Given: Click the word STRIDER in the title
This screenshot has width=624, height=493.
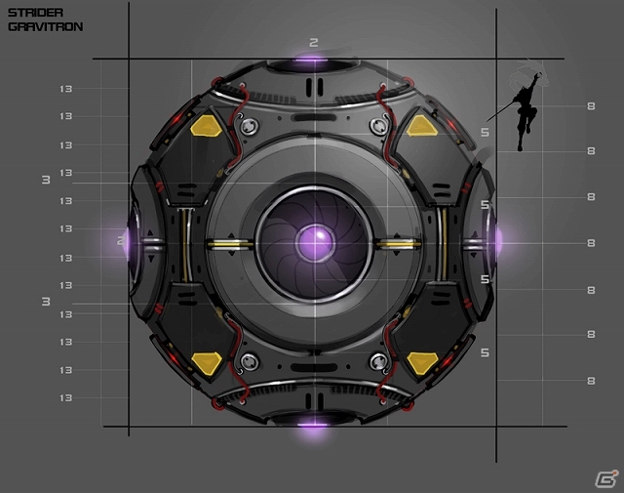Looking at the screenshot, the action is (35, 13).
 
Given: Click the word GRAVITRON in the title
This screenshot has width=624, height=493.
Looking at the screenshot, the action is (46, 26).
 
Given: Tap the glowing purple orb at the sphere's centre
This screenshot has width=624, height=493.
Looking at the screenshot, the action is (315, 242).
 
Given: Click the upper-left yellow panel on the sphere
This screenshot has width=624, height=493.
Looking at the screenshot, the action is (206, 126).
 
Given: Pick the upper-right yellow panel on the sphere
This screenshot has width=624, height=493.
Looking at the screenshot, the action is (422, 126).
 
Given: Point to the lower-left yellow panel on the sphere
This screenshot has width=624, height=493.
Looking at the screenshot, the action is (207, 363).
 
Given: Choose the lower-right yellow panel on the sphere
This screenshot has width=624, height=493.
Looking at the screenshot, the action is (422, 363).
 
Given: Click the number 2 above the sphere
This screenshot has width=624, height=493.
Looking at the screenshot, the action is (314, 43).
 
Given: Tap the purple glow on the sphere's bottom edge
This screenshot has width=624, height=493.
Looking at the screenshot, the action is (313, 426).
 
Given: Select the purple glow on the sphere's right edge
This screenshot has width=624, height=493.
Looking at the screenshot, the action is (498, 241).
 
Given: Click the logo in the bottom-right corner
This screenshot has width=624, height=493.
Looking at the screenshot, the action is (606, 478).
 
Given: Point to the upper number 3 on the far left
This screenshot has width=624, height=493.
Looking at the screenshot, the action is (46, 180).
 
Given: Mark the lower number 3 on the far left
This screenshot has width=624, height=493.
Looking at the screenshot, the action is (46, 302).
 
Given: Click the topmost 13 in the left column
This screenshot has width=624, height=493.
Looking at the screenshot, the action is (66, 89).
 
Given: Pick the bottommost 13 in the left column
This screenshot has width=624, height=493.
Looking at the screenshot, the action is (66, 397).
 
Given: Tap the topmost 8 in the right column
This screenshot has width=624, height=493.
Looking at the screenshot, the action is (591, 106).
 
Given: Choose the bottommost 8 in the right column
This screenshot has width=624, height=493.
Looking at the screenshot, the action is (591, 381).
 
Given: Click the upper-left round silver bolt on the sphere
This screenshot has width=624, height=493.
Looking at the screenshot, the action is (250, 126).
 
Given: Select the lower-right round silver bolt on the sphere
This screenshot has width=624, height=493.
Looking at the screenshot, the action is (378, 362).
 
